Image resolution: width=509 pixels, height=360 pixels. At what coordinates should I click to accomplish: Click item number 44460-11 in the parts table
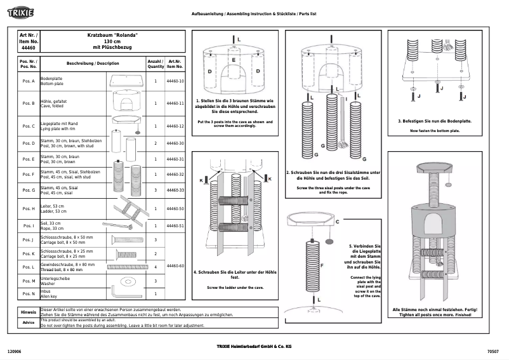point(175,103)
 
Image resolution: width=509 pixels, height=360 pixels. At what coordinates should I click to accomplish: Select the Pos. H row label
point(29,208)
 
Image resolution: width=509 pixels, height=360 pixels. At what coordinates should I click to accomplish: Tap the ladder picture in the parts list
point(131,208)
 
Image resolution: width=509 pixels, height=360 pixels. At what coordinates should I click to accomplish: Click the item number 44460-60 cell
point(175,266)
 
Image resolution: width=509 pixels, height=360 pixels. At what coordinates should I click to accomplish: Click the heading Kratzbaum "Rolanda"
point(112,35)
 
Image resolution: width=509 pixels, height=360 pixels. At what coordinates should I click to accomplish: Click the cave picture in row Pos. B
point(128,103)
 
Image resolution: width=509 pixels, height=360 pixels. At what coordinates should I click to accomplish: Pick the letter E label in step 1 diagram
point(234,59)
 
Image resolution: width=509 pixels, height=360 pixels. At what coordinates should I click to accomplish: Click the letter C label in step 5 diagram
point(336,222)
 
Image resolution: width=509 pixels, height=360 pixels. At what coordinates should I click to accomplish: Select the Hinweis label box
point(29,313)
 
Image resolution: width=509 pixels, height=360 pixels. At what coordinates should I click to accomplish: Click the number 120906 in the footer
point(15,350)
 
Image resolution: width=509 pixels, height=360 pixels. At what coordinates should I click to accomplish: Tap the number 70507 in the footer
point(493,350)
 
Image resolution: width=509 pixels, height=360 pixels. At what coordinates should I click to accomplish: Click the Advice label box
point(29,323)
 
